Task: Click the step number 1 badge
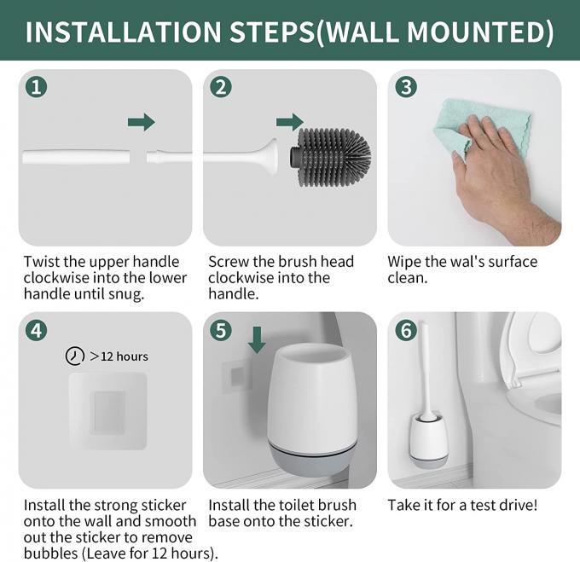click(36, 87)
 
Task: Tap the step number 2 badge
click(221, 87)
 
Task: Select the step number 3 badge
click(406, 87)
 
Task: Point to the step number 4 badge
click(36, 330)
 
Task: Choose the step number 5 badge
click(221, 330)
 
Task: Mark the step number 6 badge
click(406, 330)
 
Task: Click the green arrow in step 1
click(142, 122)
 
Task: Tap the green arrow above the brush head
click(290, 122)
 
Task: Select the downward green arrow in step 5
click(257, 339)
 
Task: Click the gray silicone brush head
click(330, 157)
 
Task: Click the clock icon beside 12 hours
click(75, 356)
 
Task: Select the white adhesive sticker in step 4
click(108, 411)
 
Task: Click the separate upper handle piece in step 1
click(76, 157)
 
